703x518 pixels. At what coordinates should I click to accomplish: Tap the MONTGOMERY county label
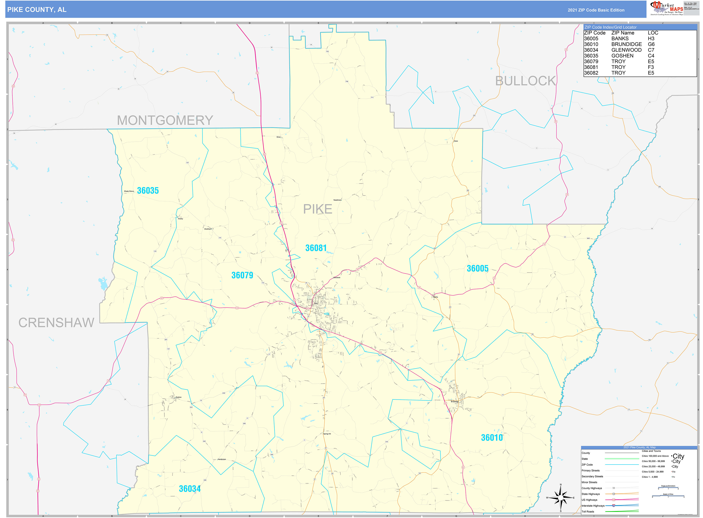tap(165, 120)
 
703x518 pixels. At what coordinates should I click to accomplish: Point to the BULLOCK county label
tap(525, 81)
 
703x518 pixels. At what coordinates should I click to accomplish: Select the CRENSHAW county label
tap(56, 323)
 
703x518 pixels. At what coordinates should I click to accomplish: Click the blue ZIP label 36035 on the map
tap(148, 191)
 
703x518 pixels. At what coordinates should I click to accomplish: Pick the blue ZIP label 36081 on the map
tap(316, 248)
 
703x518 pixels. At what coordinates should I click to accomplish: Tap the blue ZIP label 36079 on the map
tap(242, 275)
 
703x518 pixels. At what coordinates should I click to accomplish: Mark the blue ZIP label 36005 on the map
tap(477, 268)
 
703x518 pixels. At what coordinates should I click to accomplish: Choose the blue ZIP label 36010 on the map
tap(492, 438)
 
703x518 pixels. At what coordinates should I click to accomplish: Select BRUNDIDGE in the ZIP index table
tap(626, 44)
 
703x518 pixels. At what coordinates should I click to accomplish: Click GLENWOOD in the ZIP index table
tap(626, 50)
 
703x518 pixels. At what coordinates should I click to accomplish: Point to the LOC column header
tap(653, 33)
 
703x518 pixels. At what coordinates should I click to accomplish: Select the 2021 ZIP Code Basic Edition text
tap(596, 10)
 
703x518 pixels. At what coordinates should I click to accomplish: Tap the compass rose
tap(561, 498)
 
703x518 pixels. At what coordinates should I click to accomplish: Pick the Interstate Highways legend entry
tap(593, 505)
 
